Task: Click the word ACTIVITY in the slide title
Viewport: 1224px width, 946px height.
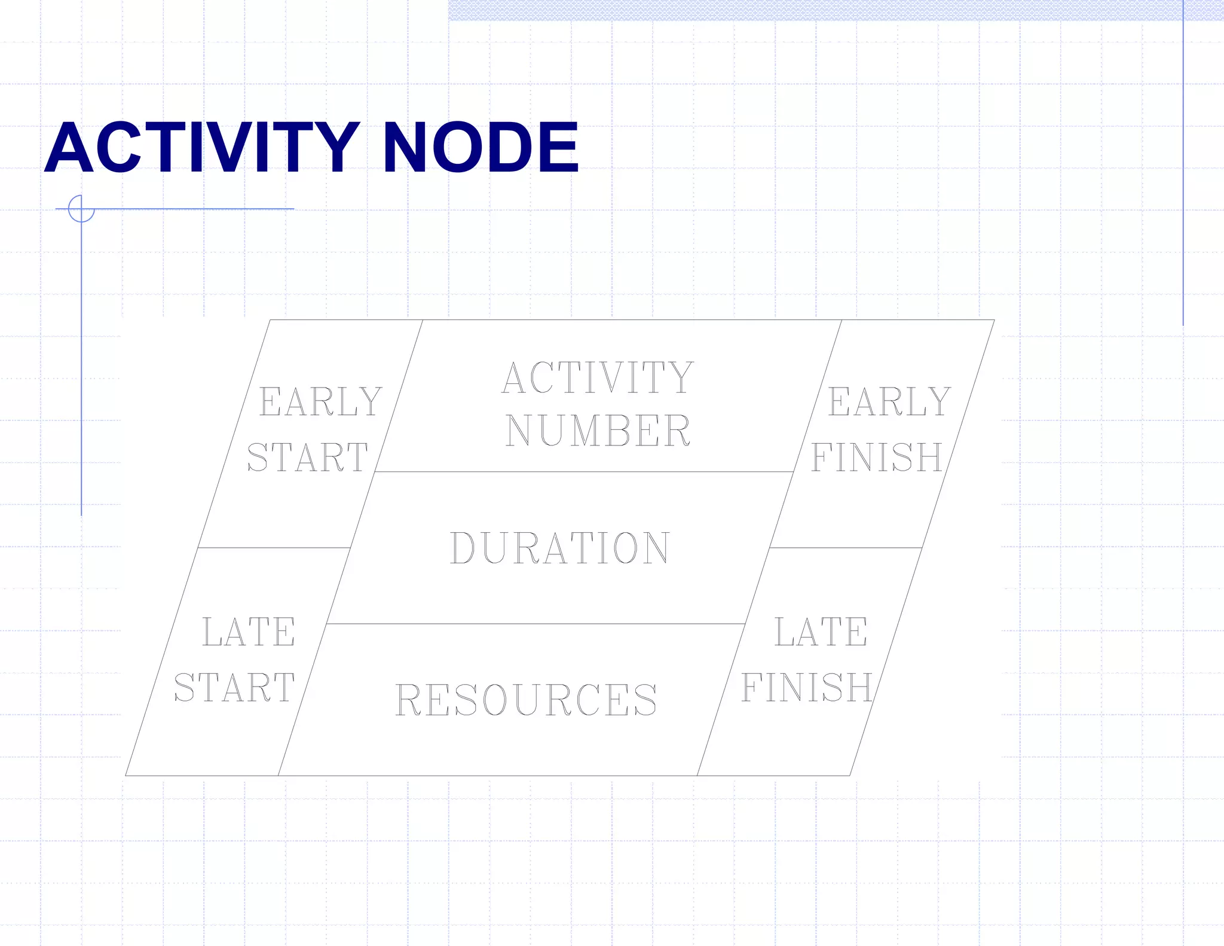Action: (x=202, y=147)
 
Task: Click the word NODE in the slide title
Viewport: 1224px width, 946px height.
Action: (x=481, y=147)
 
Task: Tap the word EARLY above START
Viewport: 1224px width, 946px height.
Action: (x=320, y=401)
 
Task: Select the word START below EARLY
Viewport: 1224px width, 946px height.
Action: (x=307, y=457)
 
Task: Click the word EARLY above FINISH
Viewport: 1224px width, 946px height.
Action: (x=889, y=401)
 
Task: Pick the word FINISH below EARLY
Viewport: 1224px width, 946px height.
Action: (x=877, y=457)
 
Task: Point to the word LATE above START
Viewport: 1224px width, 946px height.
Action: (x=249, y=632)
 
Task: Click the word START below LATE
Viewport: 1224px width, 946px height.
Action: (x=234, y=688)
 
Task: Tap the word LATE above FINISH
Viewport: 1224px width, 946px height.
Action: (x=821, y=632)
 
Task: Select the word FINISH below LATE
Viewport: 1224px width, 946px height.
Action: (x=807, y=688)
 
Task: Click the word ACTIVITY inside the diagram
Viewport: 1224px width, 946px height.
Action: (x=598, y=378)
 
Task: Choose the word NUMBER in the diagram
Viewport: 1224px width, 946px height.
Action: (x=598, y=431)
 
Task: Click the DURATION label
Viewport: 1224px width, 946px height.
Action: (x=559, y=548)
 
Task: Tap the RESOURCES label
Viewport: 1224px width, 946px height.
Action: (x=526, y=700)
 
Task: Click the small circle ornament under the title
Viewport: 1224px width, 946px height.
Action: (x=81, y=209)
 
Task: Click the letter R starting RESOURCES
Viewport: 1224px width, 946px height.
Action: (x=409, y=700)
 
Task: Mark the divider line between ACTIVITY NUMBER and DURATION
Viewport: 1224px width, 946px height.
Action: (x=583, y=472)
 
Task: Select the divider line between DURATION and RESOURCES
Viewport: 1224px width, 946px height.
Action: (x=535, y=624)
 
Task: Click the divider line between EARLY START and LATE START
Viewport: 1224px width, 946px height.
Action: (x=274, y=548)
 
